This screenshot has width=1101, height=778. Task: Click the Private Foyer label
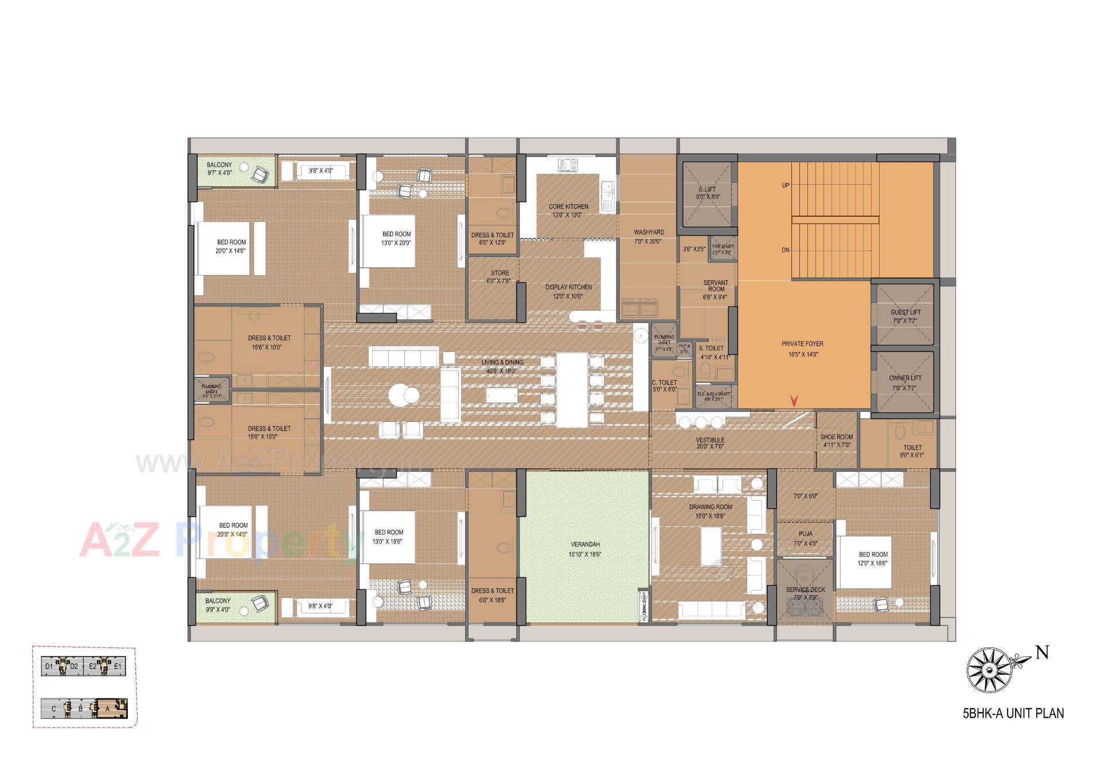pos(802,349)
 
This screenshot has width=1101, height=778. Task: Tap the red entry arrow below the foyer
pos(794,401)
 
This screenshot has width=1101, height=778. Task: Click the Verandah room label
pos(585,549)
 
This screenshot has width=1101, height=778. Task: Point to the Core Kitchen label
pos(568,210)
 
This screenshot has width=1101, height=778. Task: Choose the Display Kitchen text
pos(568,291)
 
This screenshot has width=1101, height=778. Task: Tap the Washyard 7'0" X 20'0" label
pos(649,236)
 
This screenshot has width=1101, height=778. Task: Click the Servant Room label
pos(715,290)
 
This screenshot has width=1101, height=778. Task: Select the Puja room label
pos(805,538)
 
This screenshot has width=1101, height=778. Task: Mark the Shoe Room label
pos(836,440)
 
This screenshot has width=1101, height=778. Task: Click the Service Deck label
pos(805,593)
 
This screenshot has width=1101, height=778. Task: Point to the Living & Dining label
pos(502,366)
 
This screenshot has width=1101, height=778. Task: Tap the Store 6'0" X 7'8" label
pos(499,277)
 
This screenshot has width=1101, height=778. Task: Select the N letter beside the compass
pos(1042,652)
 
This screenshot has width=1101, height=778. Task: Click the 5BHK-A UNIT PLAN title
pos(1013,714)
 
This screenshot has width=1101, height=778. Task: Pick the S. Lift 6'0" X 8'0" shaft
pos(707,193)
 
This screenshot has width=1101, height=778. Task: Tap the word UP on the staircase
pos(785,185)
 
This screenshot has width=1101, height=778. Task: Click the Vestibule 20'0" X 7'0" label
pos(710,443)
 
